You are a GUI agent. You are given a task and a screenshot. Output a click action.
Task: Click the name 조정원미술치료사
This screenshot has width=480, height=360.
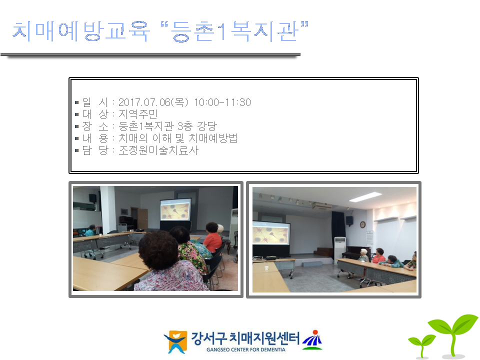pyautogui.click(x=158, y=150)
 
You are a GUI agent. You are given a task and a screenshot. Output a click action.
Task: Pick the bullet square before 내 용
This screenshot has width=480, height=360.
pyautogui.click(x=76, y=139)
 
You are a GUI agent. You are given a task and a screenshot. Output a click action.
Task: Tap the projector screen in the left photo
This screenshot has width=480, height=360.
pyautogui.click(x=175, y=210)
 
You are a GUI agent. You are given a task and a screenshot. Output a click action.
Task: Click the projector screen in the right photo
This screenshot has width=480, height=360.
pyautogui.click(x=271, y=232)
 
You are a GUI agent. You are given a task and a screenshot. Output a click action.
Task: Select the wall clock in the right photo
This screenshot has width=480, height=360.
pyautogui.click(x=362, y=224)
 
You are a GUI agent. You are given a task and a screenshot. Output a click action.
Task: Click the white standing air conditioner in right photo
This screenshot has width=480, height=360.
pyautogui.click(x=340, y=248)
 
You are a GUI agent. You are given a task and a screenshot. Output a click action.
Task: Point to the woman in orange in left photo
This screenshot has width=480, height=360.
pyautogui.click(x=212, y=238)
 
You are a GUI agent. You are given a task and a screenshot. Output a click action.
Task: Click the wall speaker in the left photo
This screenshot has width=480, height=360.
pyautogui.click(x=93, y=198)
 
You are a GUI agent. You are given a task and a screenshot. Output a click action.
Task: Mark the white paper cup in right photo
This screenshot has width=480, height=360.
pyautogui.click(x=266, y=268)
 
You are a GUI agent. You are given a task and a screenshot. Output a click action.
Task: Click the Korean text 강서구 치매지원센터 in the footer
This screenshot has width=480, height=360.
pyautogui.click(x=245, y=338)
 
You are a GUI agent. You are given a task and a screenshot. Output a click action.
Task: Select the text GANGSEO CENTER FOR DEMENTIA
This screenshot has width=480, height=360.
pyautogui.click(x=245, y=349)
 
